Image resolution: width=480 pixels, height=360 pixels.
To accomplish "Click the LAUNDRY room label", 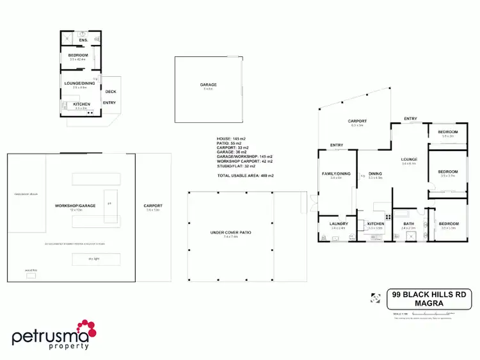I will click(x=339, y=224).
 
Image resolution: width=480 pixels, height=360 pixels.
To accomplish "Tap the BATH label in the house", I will click(x=408, y=224).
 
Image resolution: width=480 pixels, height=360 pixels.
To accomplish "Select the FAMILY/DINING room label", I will click(x=336, y=174).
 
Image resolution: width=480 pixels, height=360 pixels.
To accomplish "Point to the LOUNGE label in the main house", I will click(x=409, y=160).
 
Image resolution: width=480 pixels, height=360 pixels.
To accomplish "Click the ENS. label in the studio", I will click(x=83, y=40).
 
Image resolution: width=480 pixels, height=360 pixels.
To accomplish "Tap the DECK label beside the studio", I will click(x=110, y=92).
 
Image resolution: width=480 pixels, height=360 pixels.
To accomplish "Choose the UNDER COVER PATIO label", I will click(x=231, y=233).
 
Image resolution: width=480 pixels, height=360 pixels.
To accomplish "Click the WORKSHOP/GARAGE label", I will click(x=75, y=206).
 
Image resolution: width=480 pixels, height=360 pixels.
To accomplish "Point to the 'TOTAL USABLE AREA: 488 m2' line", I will click(x=245, y=175).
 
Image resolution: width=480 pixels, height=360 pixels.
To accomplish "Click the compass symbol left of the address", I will click(x=375, y=297).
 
